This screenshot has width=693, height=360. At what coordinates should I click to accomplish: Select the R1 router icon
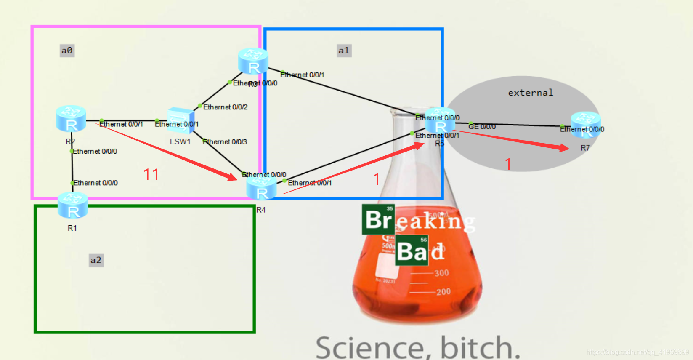click(x=73, y=205)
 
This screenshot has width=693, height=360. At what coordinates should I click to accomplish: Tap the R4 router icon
click(x=261, y=188)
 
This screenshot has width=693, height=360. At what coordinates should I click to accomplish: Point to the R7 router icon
click(x=585, y=124)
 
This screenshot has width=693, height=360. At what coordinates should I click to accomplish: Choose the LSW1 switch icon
click(x=181, y=120)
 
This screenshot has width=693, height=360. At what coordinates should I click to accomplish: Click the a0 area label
click(x=67, y=51)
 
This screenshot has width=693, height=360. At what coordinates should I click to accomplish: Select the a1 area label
click(x=344, y=51)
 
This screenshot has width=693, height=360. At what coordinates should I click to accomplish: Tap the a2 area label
click(x=96, y=260)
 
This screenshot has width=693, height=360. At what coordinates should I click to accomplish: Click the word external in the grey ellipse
click(x=530, y=93)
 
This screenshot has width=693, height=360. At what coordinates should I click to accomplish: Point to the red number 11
click(x=151, y=174)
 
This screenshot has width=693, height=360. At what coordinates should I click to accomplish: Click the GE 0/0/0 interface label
click(x=482, y=127)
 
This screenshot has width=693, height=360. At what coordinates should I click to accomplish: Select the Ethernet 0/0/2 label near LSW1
click(x=225, y=107)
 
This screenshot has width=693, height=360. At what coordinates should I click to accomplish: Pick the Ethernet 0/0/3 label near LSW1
click(x=225, y=142)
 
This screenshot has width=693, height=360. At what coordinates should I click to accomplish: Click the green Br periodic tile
click(x=378, y=219)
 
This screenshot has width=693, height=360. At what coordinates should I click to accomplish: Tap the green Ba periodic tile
click(x=412, y=251)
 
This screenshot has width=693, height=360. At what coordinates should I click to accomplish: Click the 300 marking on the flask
click(x=441, y=273)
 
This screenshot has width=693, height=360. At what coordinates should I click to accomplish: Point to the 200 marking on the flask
click(x=443, y=291)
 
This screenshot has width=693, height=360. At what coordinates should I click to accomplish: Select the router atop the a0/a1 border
click(x=253, y=61)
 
